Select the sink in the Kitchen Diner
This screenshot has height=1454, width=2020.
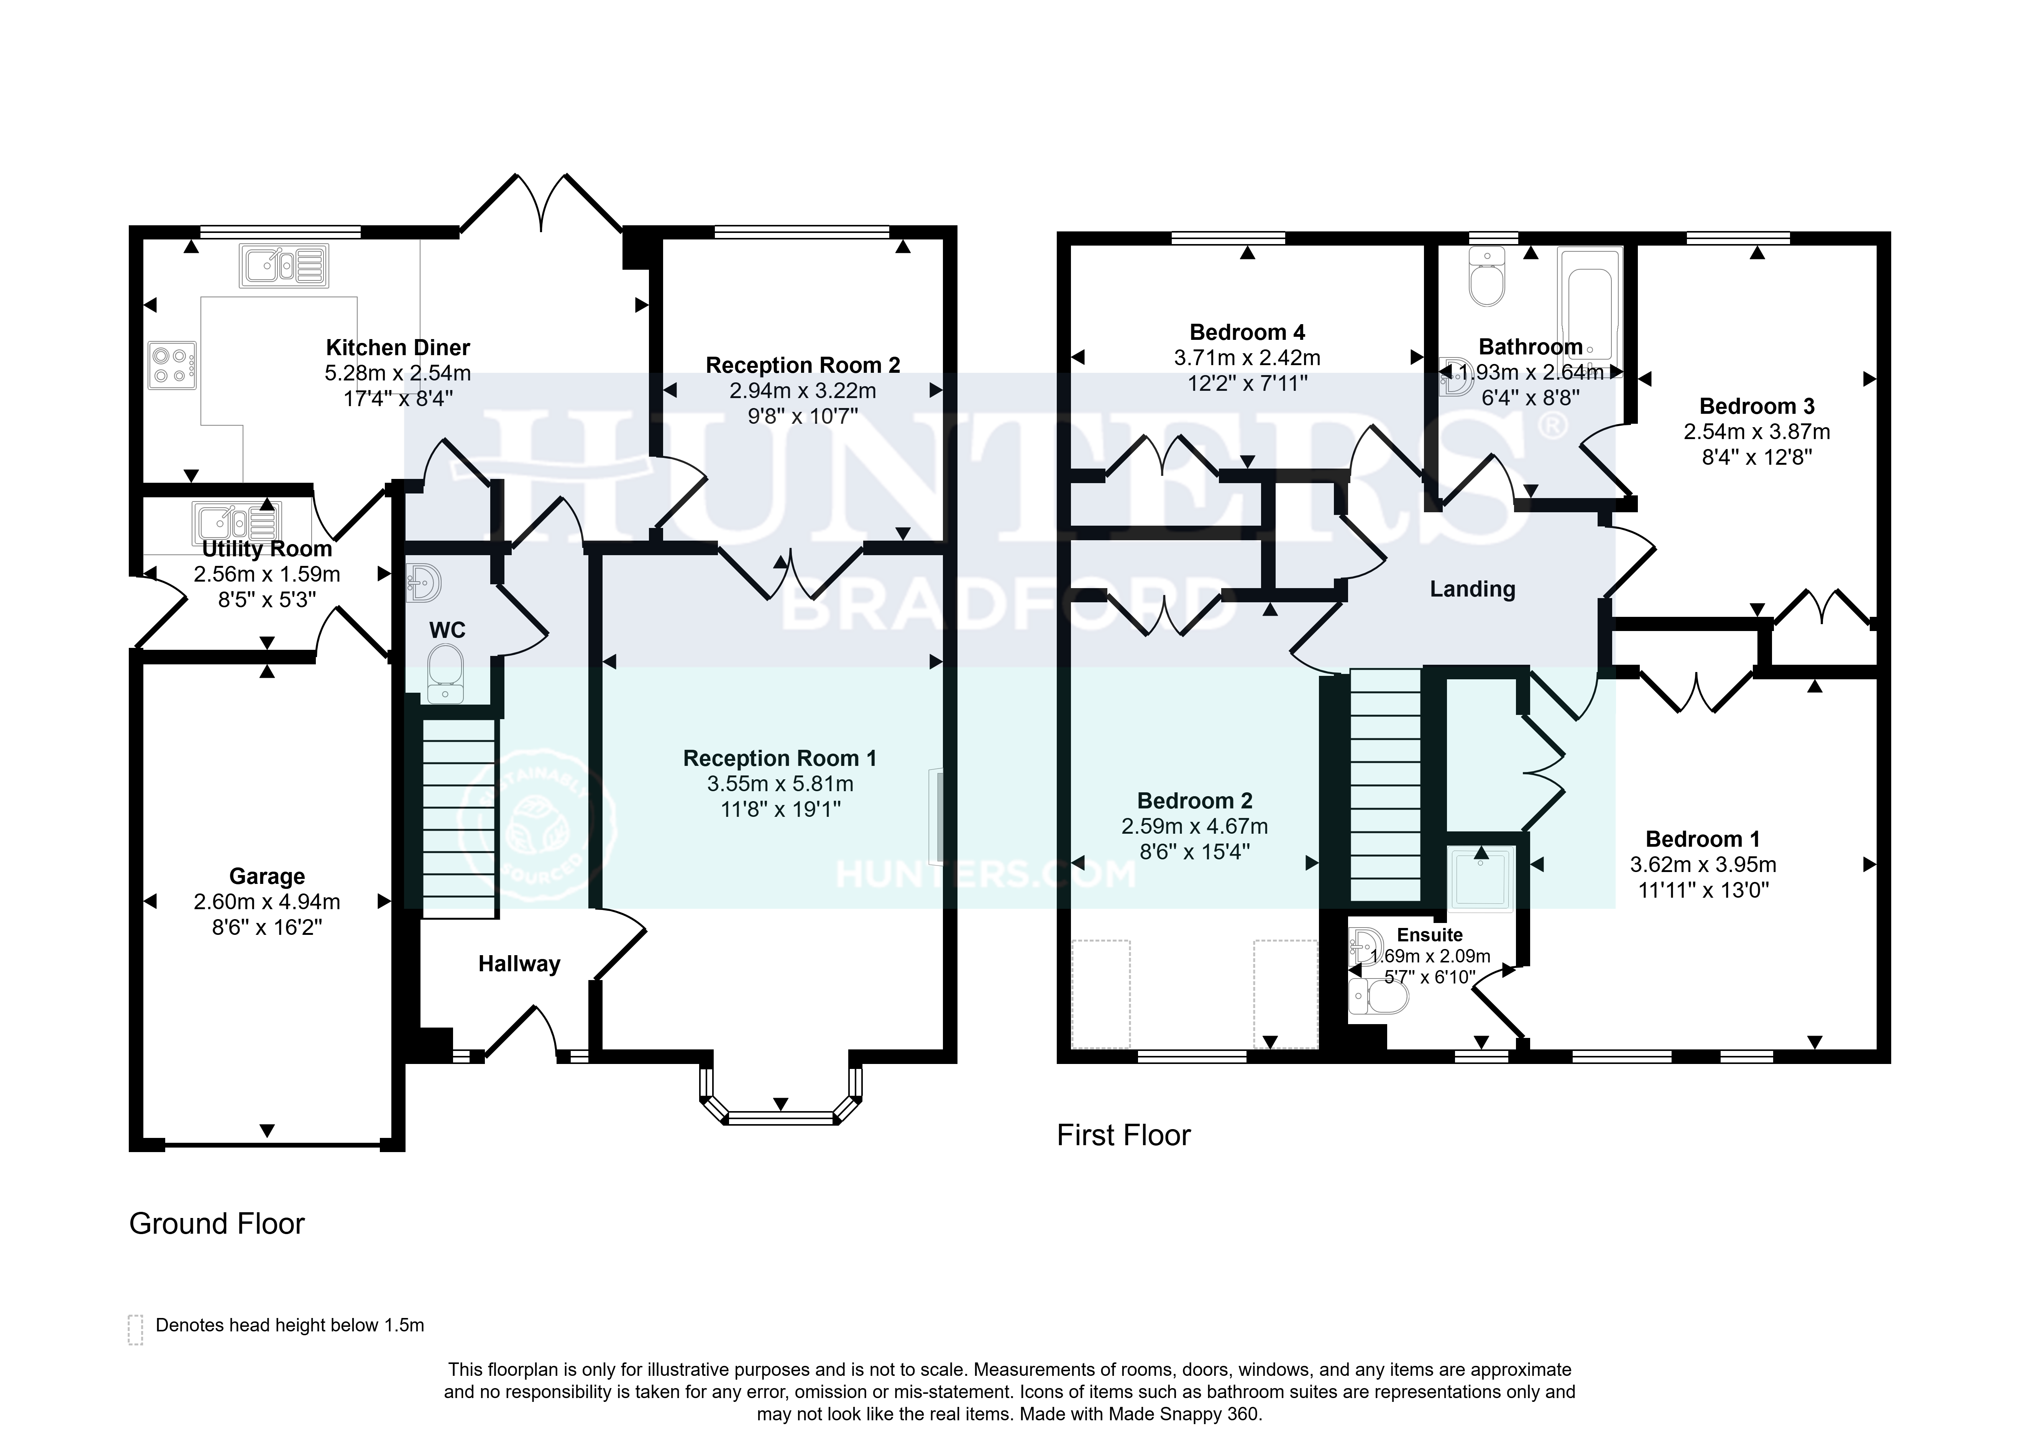pos(283,266)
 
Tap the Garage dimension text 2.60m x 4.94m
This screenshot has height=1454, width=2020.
pos(267,902)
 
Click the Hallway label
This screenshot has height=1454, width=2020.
pos(519,964)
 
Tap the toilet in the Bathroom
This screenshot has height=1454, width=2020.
pos(1486,277)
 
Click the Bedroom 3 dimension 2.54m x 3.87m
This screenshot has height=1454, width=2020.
pos(1756,432)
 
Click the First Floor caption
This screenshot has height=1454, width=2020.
pos(1123,1135)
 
